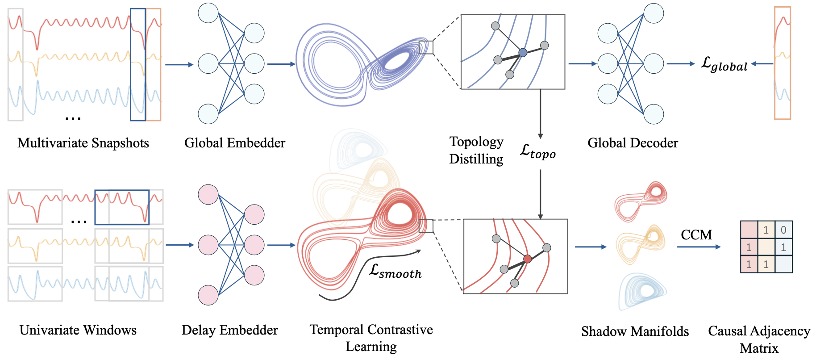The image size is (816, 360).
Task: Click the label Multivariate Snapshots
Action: tap(83, 143)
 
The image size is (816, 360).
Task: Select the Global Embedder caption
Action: tap(235, 143)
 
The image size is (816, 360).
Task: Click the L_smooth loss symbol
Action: tap(396, 271)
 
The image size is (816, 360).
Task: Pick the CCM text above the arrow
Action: tap(696, 234)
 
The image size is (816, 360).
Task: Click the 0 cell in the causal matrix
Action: tap(783, 230)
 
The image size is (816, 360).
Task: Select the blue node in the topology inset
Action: tap(523, 53)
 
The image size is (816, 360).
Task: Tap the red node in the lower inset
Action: tap(528, 259)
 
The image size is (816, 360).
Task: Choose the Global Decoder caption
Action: tap(633, 143)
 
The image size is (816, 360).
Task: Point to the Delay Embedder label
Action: tap(230, 330)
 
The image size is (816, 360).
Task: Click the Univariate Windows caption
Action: tap(78, 330)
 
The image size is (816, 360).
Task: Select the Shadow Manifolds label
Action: tap(635, 331)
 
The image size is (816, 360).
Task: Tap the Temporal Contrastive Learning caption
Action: tap(371, 338)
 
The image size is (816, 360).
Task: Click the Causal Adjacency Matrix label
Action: tap(759, 339)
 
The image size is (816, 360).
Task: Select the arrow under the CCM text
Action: tap(699, 247)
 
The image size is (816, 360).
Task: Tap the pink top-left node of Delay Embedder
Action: tap(208, 194)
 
